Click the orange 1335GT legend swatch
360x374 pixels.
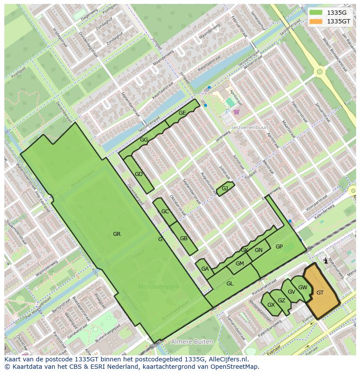click(x=317, y=21)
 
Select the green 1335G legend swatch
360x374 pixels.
click(x=317, y=13)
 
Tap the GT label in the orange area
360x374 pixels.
click(x=320, y=293)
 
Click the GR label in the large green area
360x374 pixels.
click(x=117, y=234)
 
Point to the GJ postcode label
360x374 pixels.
click(x=225, y=189)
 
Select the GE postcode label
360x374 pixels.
click(x=182, y=113)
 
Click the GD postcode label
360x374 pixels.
click(x=139, y=174)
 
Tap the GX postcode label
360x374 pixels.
click(x=271, y=305)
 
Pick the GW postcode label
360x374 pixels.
click(x=303, y=288)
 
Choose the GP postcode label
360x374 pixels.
click(x=279, y=247)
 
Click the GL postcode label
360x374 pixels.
click(x=230, y=284)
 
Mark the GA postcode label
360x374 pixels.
click(x=205, y=269)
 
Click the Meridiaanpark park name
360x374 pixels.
click(x=159, y=287)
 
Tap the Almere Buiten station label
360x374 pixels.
click(x=192, y=342)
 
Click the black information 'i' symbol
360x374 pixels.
click(x=326, y=261)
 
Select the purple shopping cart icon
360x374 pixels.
click(x=237, y=112)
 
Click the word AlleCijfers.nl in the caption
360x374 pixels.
click(x=227, y=359)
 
